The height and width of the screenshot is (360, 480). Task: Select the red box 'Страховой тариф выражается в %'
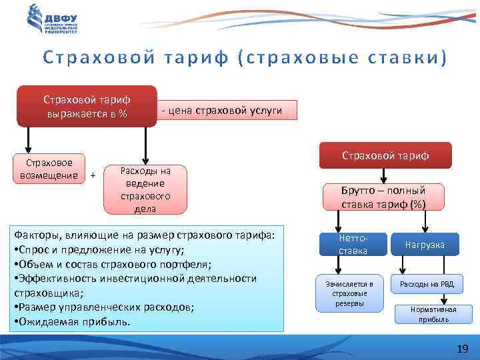pos(87,106)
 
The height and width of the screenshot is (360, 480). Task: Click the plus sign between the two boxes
pos(93,175)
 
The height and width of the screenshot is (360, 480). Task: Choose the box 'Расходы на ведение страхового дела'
pos(145,190)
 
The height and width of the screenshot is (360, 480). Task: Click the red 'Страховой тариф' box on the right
pos(385,155)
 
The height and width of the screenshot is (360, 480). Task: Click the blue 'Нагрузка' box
pos(425,245)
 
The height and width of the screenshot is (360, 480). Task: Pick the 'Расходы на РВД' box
pos(427,285)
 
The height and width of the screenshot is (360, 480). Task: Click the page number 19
pos(463,349)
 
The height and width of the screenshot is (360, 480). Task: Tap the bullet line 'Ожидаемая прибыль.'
pos(74,321)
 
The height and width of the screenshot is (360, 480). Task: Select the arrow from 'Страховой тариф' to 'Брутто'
pos(384,176)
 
